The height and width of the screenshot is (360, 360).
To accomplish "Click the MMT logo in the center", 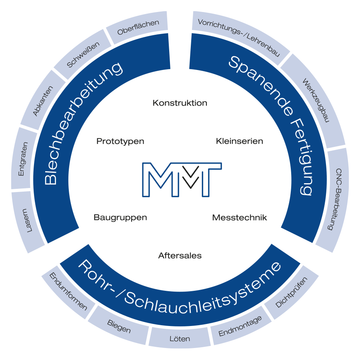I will point(182,179).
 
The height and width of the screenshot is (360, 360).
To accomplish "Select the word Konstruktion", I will point(180,103).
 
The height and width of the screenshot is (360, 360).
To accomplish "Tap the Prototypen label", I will point(120,142).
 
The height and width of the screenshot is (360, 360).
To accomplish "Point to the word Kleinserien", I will point(239,141).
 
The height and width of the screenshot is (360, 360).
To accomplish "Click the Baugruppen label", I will point(120,218).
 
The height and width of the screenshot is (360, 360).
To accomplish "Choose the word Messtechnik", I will point(239,218).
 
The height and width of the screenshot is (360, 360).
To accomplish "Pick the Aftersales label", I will point(180,255).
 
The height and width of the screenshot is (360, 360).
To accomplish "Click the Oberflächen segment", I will point(138,29).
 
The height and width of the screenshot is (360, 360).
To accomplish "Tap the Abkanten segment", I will point(43,100).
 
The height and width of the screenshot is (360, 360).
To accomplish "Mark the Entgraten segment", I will point(24,158).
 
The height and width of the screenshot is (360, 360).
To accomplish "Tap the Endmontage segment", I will point(240,326).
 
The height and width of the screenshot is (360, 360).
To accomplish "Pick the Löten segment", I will point(180,338).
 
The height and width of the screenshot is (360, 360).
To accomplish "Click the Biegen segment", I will point(119,326).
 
